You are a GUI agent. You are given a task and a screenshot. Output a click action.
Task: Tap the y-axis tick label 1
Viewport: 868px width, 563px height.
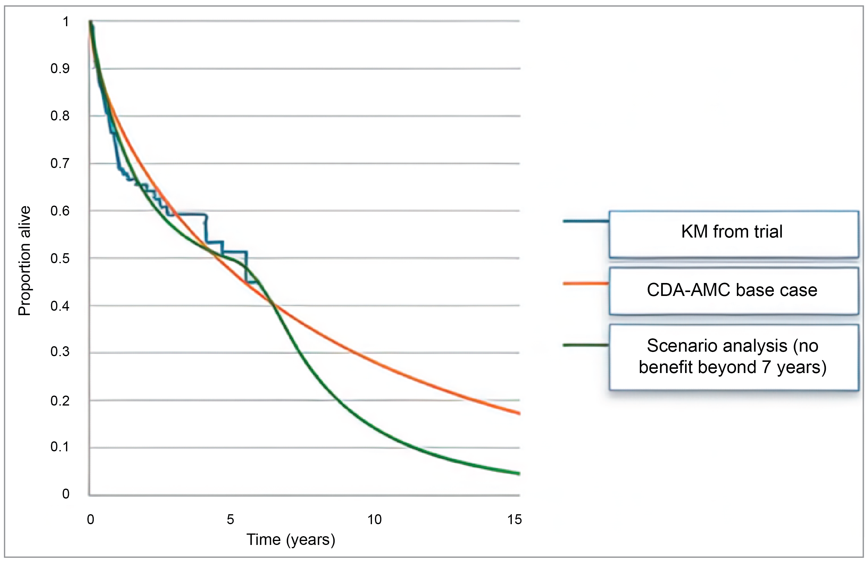tap(66, 22)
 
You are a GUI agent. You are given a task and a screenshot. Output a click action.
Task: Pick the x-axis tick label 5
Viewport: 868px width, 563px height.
tap(230, 519)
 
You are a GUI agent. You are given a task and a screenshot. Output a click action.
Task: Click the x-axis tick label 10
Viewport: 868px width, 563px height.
tap(374, 519)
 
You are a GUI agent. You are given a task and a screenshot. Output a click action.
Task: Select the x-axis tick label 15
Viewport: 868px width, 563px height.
tap(514, 519)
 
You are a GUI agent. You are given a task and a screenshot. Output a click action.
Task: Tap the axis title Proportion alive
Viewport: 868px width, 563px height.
tap(25, 260)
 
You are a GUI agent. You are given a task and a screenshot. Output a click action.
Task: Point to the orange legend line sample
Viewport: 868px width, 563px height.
tap(586, 283)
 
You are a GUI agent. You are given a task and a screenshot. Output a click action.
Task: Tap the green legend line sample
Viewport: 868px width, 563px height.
tap(586, 345)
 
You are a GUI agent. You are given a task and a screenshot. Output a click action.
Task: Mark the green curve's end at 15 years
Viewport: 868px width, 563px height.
tap(519, 474)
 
